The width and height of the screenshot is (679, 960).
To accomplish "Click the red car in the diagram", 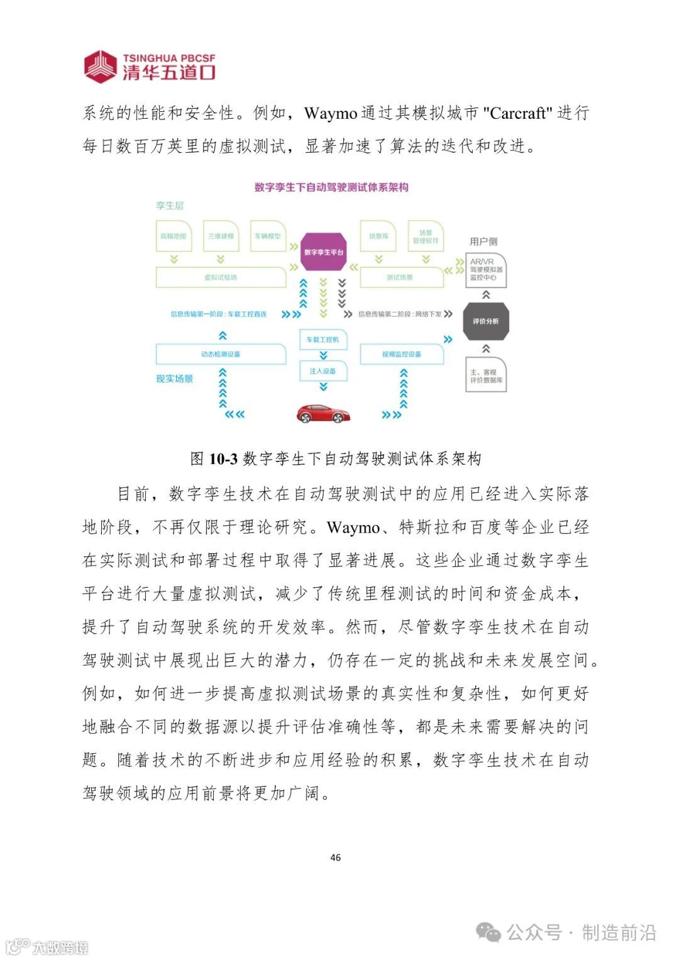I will coord(323,413).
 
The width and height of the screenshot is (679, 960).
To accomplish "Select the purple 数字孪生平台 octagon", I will coord(324,252).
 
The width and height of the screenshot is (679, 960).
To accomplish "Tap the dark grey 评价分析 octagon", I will coord(485,321).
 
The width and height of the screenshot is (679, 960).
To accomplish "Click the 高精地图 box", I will coord(174,236).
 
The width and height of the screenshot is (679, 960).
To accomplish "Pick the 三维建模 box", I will coord(221,236).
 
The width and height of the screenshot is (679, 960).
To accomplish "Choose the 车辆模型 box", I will coord(268,236).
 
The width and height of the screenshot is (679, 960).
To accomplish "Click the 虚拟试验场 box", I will coord(221,277).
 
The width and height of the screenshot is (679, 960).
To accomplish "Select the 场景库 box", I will coord(378,236).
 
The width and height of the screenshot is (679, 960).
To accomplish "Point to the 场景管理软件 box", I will coord(426,236).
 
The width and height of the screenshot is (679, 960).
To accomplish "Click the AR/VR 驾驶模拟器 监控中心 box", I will coord(486,270).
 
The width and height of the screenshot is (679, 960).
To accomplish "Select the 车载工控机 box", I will coord(323,339).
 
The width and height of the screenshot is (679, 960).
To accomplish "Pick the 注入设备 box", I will coord(323,371).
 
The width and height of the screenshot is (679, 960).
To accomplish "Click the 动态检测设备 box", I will coord(221,355).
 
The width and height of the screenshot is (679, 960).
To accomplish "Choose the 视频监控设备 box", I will coord(402,355).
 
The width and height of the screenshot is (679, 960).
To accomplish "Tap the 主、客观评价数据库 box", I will coord(486,376).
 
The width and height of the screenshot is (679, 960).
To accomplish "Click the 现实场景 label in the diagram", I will coord(175,379).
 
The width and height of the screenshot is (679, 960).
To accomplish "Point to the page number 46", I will coord(336,858).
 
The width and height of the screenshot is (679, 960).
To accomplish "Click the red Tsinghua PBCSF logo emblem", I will coord(101,67).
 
